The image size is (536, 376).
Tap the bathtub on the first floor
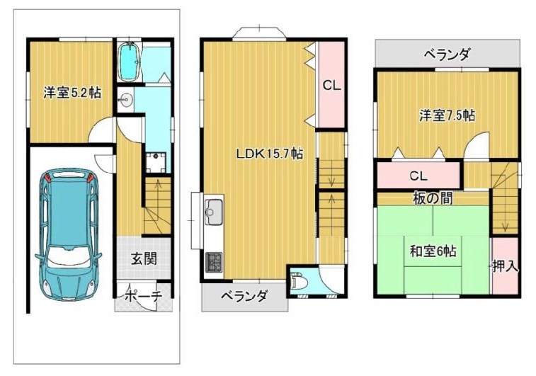pos(128,63)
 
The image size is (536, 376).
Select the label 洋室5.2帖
pos(71,93)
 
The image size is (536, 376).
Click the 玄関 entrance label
pos(143,258)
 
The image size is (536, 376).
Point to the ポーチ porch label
pos(143,295)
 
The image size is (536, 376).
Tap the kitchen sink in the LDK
pos(213,212)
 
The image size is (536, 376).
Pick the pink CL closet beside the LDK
pos(331,85)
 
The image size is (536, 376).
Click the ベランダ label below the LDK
pos(243,296)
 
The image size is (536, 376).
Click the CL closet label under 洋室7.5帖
pos(418,176)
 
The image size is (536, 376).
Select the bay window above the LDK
pos(259,33)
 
